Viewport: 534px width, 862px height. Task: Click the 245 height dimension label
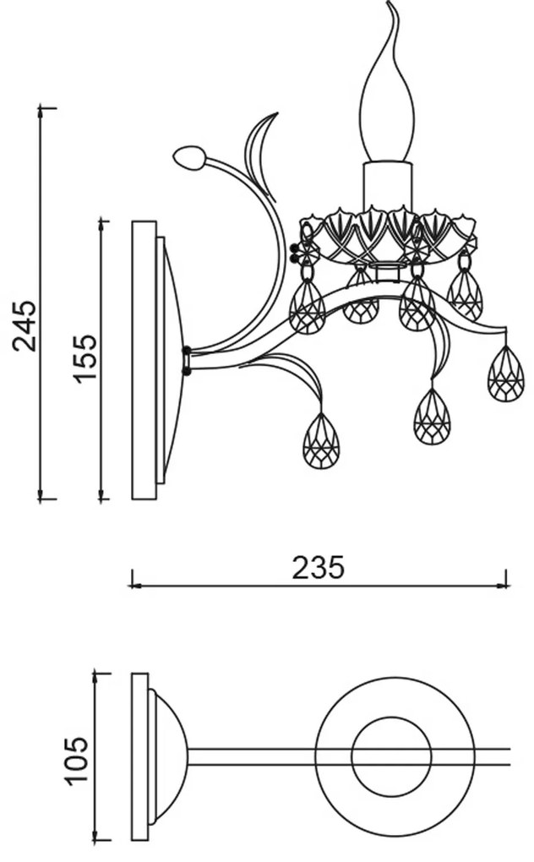coord(25,325)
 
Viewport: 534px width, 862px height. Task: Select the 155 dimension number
coord(85,357)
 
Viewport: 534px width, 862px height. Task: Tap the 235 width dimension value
coord(318,567)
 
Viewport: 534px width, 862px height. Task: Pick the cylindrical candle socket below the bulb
coord(387,186)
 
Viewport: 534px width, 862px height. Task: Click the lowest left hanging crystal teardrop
coord(321,440)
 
